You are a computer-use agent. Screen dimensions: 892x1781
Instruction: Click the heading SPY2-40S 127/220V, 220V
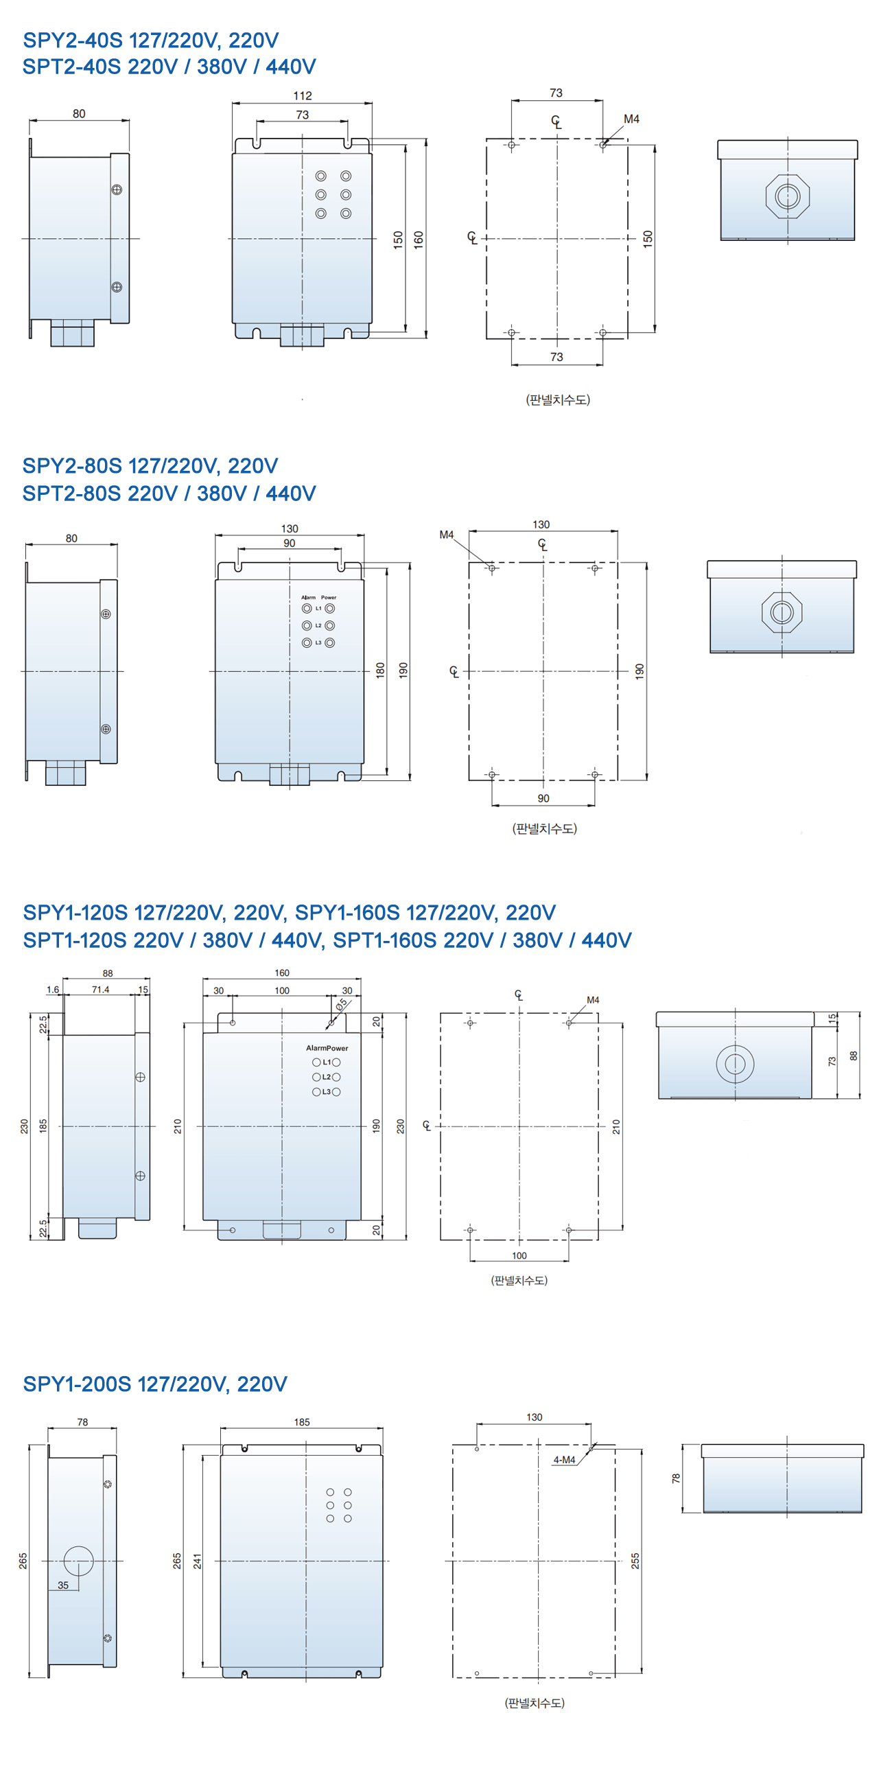(151, 40)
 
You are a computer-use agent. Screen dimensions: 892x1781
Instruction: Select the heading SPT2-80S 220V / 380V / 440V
(169, 493)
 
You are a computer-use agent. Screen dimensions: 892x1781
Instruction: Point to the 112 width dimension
(302, 95)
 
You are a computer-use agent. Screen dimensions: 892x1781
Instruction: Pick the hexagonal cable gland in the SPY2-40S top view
(788, 196)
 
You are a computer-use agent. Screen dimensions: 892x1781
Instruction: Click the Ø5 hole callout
(342, 1005)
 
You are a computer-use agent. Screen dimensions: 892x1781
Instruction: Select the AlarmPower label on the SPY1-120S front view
(327, 1047)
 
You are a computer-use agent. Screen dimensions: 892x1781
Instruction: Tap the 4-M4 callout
(564, 1460)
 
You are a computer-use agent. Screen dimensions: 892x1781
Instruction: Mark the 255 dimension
(635, 1561)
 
